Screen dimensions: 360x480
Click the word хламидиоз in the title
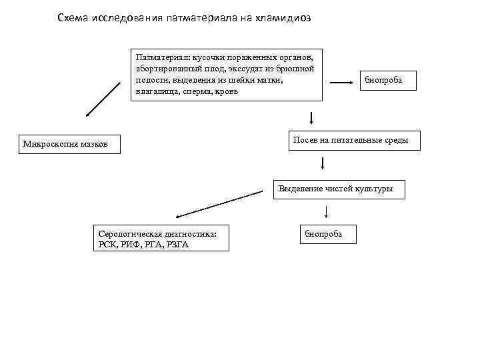(x=284, y=18)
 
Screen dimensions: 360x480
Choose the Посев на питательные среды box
(x=355, y=140)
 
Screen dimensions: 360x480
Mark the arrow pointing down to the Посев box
(x=311, y=119)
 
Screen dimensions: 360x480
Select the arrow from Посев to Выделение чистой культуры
(x=323, y=163)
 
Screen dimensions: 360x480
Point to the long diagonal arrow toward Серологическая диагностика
(x=220, y=204)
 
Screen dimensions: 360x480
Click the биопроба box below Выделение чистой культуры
(x=329, y=234)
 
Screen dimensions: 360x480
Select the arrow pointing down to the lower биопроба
(x=326, y=211)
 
